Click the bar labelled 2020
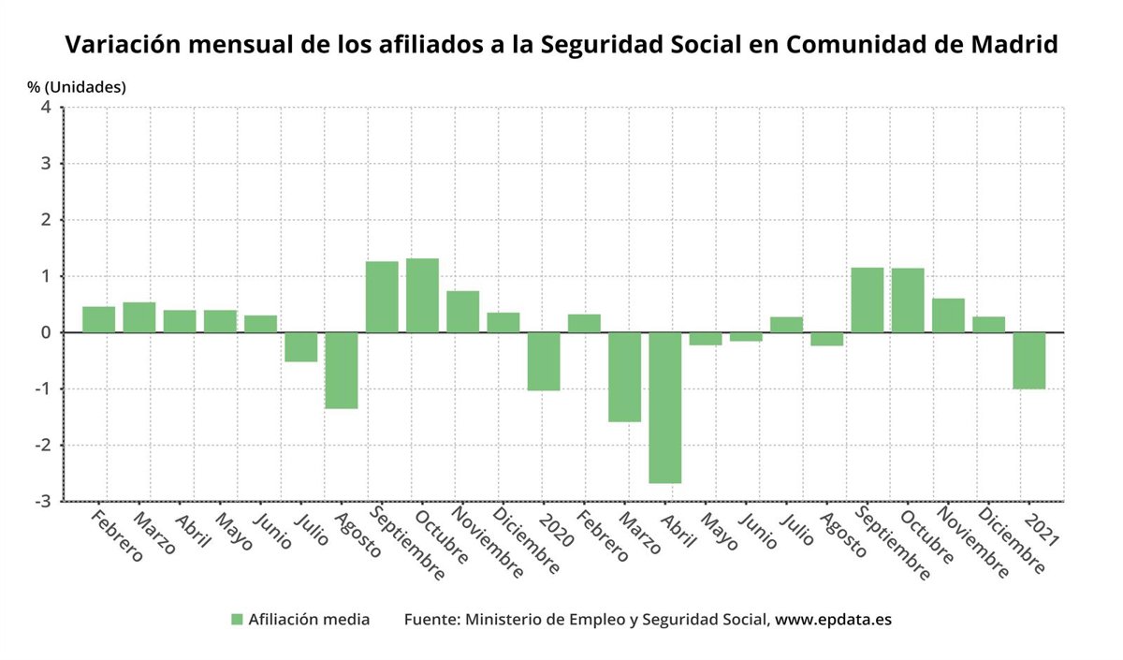[x=544, y=361]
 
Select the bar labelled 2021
[x=1029, y=360]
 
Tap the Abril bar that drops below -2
[x=664, y=407]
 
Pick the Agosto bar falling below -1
[x=341, y=370]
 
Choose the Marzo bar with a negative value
[x=624, y=376]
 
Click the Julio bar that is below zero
[x=300, y=346]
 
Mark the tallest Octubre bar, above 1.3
[x=422, y=295]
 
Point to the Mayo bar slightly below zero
[x=706, y=339]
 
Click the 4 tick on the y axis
[x=46, y=108]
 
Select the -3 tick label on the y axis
[x=43, y=501]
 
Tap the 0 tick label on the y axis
[x=46, y=332]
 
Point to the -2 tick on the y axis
[x=43, y=445]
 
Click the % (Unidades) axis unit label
[x=77, y=87]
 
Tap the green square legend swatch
[x=237, y=620]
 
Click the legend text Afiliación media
[x=309, y=620]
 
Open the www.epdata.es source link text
[x=833, y=620]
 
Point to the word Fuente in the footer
[x=431, y=620]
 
